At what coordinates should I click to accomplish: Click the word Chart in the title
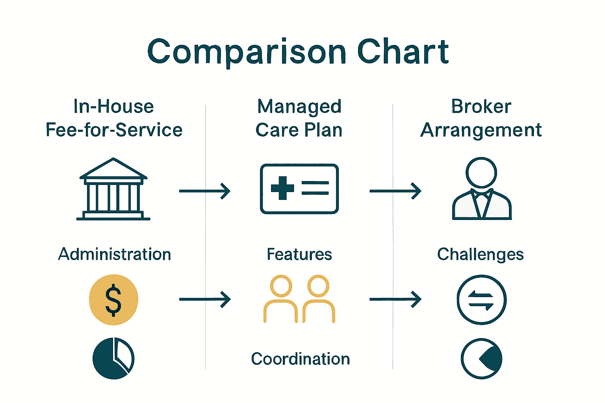[403, 51]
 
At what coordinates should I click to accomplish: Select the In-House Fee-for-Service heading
[114, 118]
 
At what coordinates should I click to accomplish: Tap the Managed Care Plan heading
[299, 118]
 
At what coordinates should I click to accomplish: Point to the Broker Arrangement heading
[481, 118]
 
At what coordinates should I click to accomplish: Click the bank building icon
[113, 189]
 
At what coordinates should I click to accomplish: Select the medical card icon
[299, 189]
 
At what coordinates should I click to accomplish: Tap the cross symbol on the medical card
[282, 188]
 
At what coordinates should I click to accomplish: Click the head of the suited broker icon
[481, 172]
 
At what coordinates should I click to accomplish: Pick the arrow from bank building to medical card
[205, 191]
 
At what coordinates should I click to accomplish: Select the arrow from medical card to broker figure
[395, 191]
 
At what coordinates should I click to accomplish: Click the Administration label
[115, 254]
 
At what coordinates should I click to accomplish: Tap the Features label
[299, 254]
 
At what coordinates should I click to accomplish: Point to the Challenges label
[481, 255]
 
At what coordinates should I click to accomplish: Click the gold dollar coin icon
[113, 299]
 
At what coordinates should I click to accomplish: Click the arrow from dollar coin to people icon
[205, 299]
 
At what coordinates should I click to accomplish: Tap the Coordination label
[301, 359]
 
